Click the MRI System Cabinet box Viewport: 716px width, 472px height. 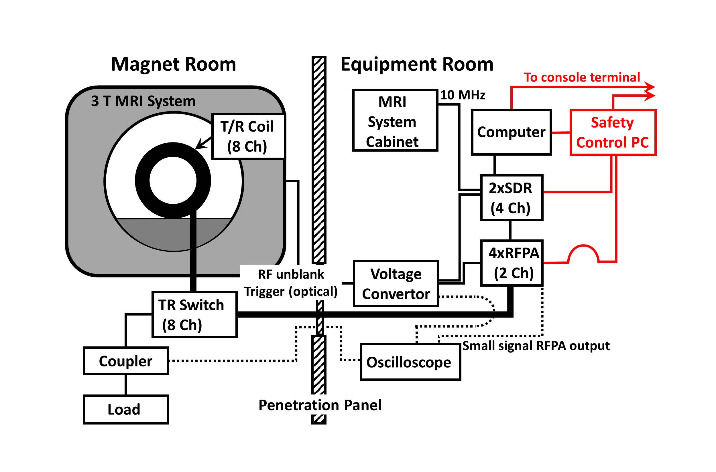[395, 120]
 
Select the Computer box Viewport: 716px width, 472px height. [511, 132]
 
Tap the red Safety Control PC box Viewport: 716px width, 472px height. [613, 132]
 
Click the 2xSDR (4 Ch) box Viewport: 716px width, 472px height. [512, 198]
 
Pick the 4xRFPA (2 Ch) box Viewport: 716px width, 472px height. [512, 263]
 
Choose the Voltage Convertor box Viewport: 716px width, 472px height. [396, 284]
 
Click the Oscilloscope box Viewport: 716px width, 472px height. [410, 362]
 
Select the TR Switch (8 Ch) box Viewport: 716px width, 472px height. [194, 315]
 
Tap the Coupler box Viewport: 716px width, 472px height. [126, 361]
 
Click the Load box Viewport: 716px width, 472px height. [126, 409]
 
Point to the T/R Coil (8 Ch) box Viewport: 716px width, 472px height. [248, 136]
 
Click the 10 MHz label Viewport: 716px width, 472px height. [463, 95]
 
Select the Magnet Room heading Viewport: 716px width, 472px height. [174, 64]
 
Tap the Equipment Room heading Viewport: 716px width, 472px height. [417, 64]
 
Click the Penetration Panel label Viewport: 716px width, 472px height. [320, 405]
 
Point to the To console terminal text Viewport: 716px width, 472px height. [582, 77]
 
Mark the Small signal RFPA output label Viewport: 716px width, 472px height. [536, 346]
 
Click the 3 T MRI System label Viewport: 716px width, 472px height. [143, 101]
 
